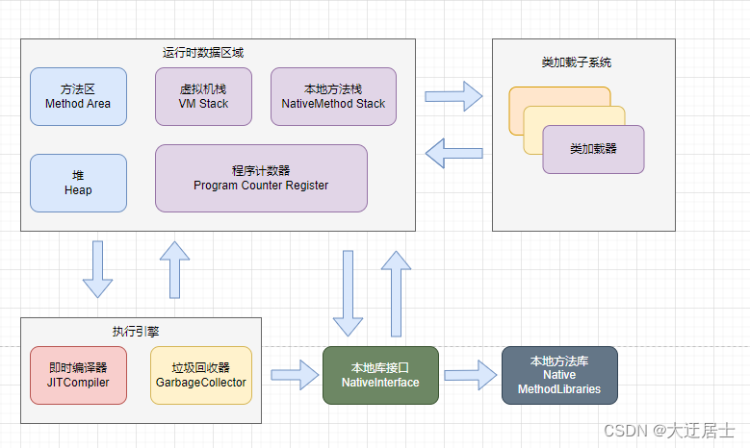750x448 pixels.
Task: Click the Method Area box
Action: [x=78, y=96]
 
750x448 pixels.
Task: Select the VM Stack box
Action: [x=203, y=96]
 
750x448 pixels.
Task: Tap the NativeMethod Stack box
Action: [x=333, y=96]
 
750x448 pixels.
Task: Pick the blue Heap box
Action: [x=78, y=183]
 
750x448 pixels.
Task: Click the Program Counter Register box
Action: [x=261, y=178]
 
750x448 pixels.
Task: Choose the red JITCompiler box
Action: [x=78, y=375]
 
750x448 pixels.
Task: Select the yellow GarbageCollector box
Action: [x=201, y=375]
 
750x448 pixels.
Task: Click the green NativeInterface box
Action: [x=379, y=375]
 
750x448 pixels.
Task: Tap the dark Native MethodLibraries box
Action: [x=558, y=375]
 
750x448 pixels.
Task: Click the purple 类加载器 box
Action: [x=593, y=150]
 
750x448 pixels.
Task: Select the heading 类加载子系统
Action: [x=576, y=62]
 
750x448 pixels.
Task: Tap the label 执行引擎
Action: [x=136, y=330]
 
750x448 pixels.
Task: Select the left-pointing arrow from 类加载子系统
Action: [x=453, y=151]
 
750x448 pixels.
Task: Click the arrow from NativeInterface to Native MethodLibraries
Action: [x=470, y=373]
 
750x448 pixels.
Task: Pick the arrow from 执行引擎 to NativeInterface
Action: [x=295, y=375]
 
